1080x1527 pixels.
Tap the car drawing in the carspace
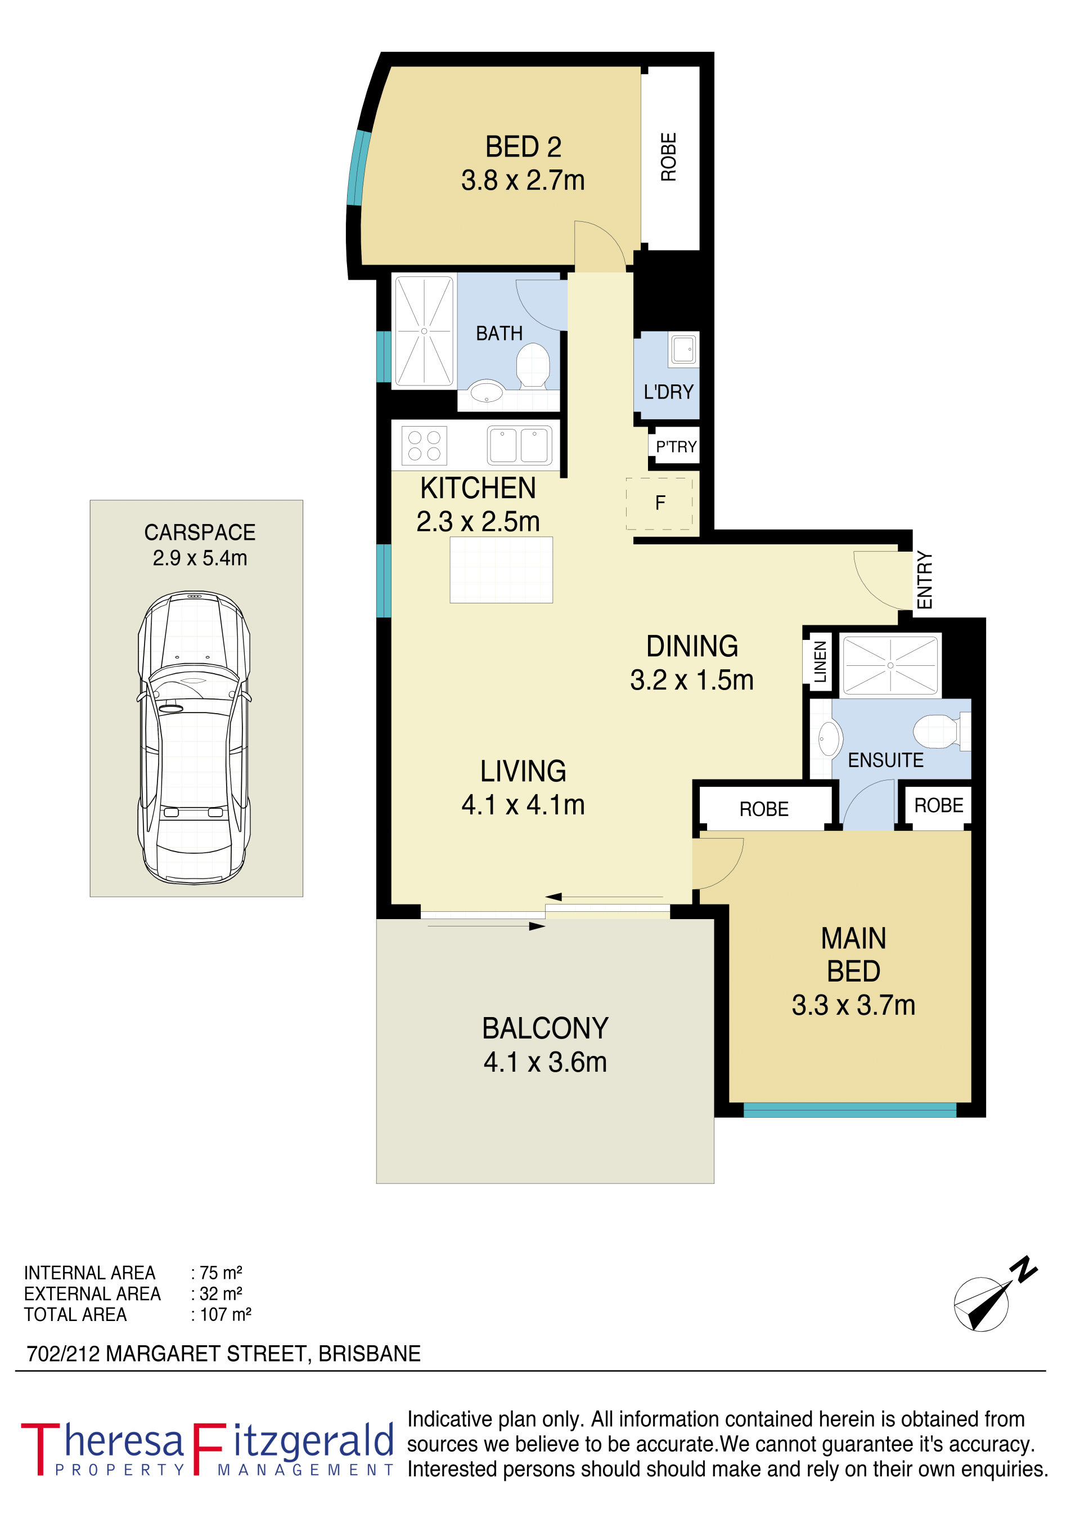tap(194, 737)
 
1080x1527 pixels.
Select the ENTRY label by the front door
tap(924, 580)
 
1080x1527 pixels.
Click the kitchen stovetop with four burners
tap(424, 446)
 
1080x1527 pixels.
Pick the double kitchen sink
tap(519, 445)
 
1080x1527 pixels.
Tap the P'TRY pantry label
tap(676, 446)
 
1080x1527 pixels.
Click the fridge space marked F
tap(660, 504)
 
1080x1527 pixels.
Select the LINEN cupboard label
tap(820, 662)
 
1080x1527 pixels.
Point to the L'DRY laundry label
tap(668, 392)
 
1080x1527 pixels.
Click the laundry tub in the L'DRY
tap(683, 348)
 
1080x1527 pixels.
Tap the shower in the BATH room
tap(424, 331)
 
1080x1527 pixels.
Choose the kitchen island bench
tap(501, 570)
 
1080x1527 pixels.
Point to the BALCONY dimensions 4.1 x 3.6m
tap(544, 1063)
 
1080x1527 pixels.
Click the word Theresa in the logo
tap(102, 1441)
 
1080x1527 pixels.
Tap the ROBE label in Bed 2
tap(668, 157)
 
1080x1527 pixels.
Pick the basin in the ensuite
tap(829, 738)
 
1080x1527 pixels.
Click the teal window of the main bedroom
tap(849, 1110)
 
